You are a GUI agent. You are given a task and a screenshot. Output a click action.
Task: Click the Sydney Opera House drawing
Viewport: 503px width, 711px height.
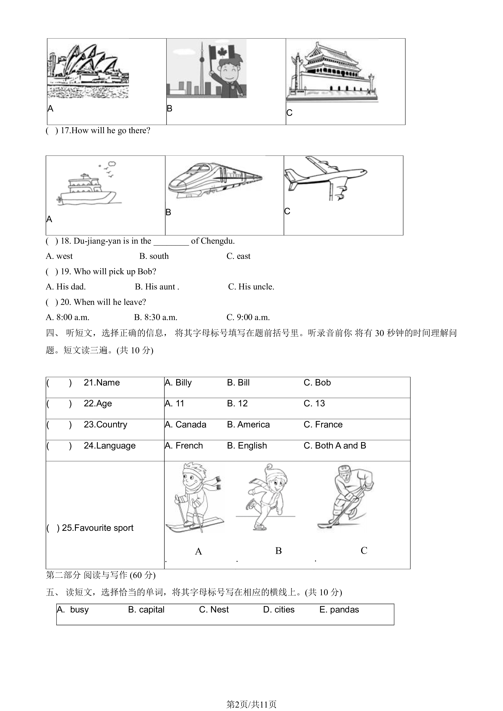(88, 71)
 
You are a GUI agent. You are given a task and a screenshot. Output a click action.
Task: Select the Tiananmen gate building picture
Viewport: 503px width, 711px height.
(332, 72)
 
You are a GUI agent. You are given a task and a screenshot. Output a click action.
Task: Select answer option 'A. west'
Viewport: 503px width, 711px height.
(59, 256)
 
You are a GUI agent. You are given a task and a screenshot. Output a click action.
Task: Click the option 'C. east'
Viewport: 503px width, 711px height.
(238, 256)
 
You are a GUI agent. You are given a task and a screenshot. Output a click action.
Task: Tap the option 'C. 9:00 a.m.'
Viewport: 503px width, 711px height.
(248, 317)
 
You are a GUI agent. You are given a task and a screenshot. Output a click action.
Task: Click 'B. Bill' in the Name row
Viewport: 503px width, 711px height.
(238, 383)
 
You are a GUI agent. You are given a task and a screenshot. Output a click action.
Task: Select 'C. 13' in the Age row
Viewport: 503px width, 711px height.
(314, 404)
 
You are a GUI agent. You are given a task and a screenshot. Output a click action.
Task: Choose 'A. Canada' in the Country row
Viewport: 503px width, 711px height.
(186, 425)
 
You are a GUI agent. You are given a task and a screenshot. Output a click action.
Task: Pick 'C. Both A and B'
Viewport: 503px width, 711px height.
(335, 446)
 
